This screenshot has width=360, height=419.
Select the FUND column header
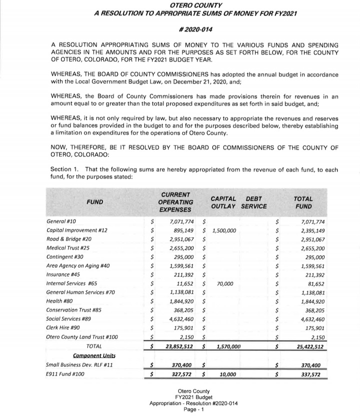[x=95, y=202]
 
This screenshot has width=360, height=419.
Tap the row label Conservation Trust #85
[x=73, y=310]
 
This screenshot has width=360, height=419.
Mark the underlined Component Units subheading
[x=94, y=355]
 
